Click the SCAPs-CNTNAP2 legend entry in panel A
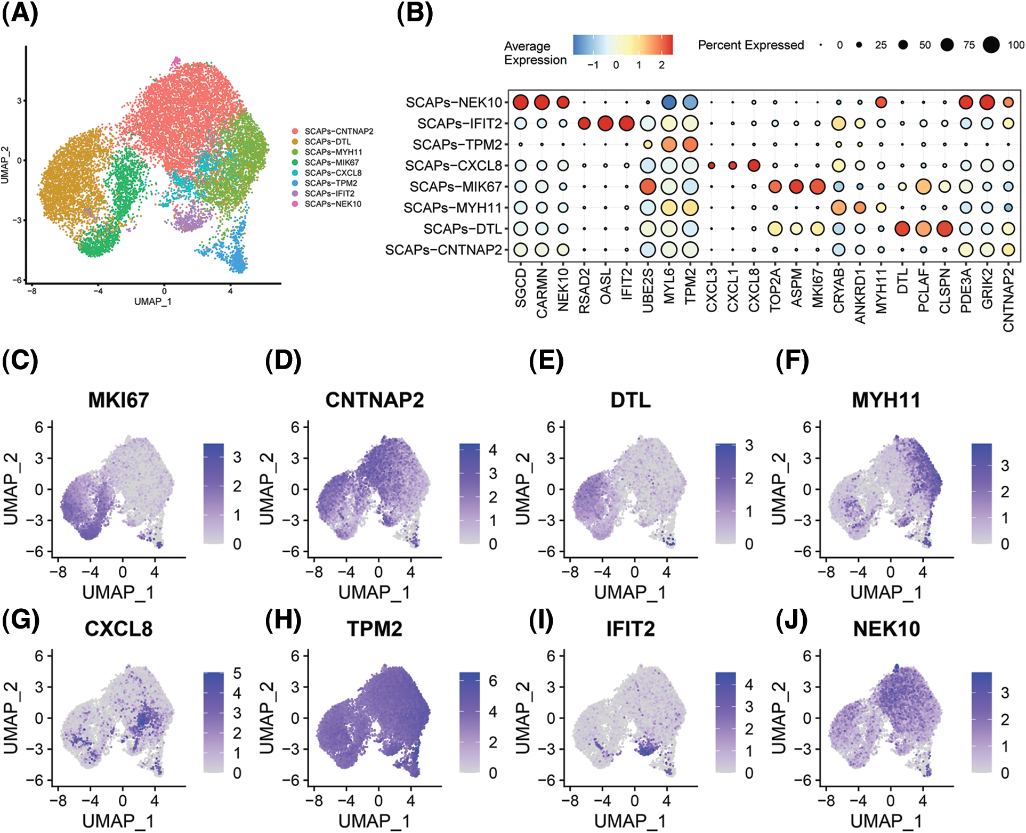tap(338, 131)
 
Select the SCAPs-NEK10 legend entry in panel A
tap(333, 204)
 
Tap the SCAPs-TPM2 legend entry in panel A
tap(330, 183)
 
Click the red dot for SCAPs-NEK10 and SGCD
tap(520, 102)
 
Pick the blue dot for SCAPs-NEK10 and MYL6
tap(668, 102)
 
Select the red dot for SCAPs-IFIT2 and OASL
tap(605, 124)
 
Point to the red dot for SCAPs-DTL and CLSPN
tap(944, 229)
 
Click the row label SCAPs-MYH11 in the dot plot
tap(453, 208)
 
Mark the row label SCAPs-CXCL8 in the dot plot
tap(453, 166)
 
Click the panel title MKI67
tap(118, 400)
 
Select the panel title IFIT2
tap(630, 629)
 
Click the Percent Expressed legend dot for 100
tap(991, 45)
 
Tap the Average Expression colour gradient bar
tap(623, 45)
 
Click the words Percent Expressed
tap(750, 45)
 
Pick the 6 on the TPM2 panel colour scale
tap(493, 681)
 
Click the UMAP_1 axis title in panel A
tap(153, 301)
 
